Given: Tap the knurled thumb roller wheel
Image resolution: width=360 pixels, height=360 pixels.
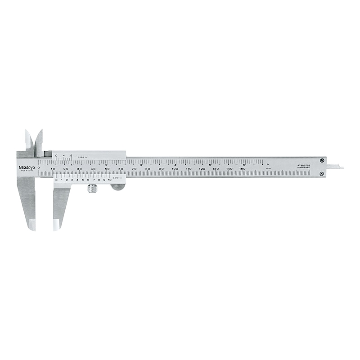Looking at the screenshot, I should (92, 189).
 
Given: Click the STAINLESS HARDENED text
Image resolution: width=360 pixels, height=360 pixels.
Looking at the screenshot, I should (303, 167).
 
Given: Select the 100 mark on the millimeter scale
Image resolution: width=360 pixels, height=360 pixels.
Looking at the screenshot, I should (175, 169).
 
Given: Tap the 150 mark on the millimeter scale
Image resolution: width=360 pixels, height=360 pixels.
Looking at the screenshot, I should (242, 169).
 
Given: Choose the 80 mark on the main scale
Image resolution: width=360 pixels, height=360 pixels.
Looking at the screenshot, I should (147, 169).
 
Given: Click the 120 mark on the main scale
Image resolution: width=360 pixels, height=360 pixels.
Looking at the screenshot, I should (202, 169).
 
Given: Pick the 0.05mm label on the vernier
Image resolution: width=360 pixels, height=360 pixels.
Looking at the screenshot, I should (118, 179).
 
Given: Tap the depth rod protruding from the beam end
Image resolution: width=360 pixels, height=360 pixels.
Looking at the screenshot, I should (335, 167).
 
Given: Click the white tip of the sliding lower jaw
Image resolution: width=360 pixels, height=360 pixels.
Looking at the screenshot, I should (57, 224).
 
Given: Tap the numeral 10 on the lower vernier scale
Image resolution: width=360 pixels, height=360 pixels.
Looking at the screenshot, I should (109, 180).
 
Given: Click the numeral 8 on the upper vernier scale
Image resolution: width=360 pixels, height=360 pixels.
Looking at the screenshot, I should (71, 156).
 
